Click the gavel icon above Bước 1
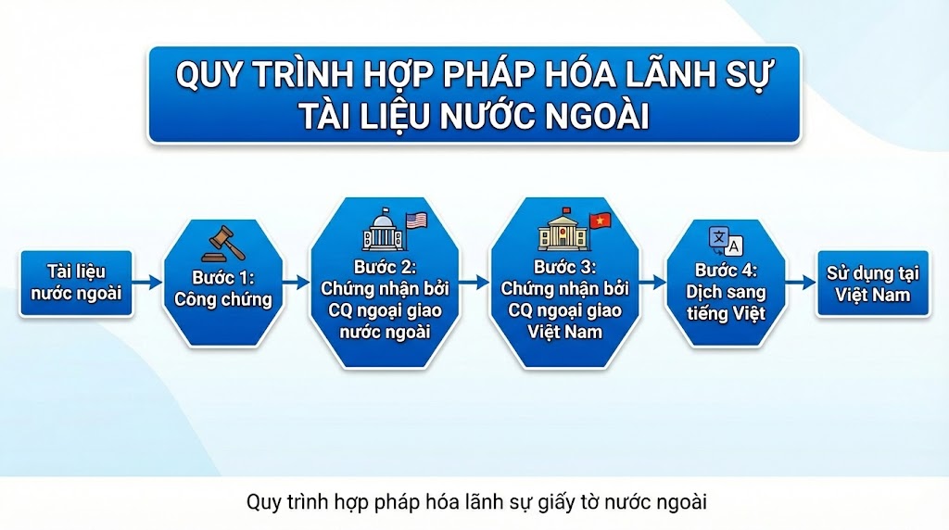click(x=223, y=243)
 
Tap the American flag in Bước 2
click(x=416, y=221)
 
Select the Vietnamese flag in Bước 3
click(x=600, y=221)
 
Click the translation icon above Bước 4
click(x=726, y=242)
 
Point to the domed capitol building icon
click(x=383, y=230)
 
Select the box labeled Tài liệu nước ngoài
click(x=76, y=284)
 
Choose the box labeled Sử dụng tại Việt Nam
click(x=873, y=284)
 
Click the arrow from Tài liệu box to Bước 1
click(x=147, y=283)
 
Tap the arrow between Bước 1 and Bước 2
click(x=296, y=283)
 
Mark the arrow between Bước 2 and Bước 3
click(x=474, y=283)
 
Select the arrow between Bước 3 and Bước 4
click(x=652, y=283)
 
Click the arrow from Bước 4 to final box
click(x=801, y=283)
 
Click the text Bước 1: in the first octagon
click(x=223, y=278)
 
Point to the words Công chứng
click(x=223, y=299)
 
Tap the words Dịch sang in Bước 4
click(x=726, y=292)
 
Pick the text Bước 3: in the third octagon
click(x=564, y=267)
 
